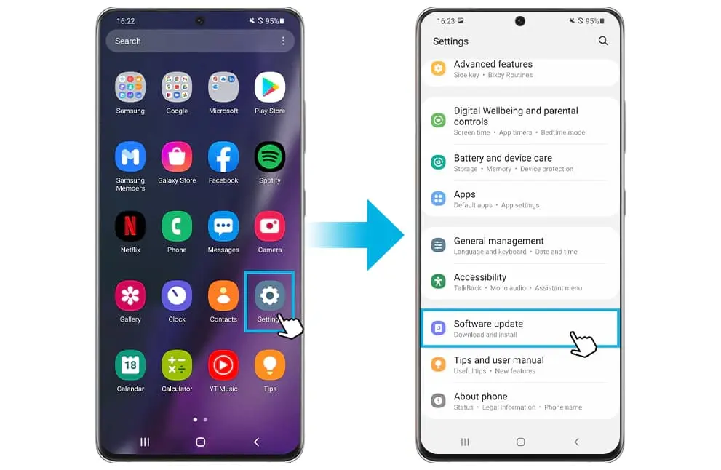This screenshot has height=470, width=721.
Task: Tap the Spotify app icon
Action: [269, 157]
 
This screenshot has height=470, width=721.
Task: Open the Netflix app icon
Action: [130, 226]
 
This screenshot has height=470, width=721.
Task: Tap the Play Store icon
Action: [269, 87]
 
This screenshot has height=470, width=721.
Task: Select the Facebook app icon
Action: [223, 157]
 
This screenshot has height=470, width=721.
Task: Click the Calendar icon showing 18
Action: [130, 365]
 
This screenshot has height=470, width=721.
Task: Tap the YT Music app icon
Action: [223, 365]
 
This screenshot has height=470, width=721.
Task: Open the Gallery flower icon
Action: [130, 295]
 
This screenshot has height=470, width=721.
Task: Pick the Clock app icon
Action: [177, 295]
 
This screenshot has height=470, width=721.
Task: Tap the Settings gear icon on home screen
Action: [269, 295]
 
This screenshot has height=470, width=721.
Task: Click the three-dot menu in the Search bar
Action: [283, 41]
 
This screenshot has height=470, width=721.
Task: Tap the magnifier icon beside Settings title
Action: [603, 41]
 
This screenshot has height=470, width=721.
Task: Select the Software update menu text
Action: [488, 324]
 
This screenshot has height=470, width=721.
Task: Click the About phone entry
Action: [480, 397]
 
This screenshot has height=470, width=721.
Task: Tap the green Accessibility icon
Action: [438, 281]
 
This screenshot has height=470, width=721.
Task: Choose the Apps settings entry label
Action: [464, 194]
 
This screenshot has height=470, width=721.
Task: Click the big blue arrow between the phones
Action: [355, 235]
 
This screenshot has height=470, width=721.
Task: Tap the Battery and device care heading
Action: [503, 158]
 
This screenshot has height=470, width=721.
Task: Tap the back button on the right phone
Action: [577, 442]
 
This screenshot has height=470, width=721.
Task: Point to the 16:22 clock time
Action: [126, 21]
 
